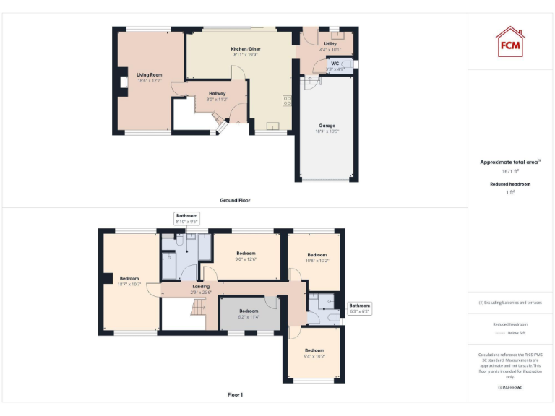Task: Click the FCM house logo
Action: coord(510,42)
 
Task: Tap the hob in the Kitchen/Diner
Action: coord(287,101)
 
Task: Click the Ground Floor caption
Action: coord(236,200)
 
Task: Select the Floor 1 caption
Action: coord(236,395)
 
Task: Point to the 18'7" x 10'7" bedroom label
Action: coord(129,282)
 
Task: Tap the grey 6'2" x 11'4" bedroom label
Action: coord(249,313)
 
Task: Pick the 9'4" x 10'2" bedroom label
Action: coord(314,353)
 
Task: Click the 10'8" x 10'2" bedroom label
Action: coord(317,257)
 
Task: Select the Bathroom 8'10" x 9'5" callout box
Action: coord(186,218)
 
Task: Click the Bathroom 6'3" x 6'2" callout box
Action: coord(360,308)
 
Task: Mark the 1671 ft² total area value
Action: coord(511,171)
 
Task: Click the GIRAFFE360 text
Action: coord(511,388)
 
